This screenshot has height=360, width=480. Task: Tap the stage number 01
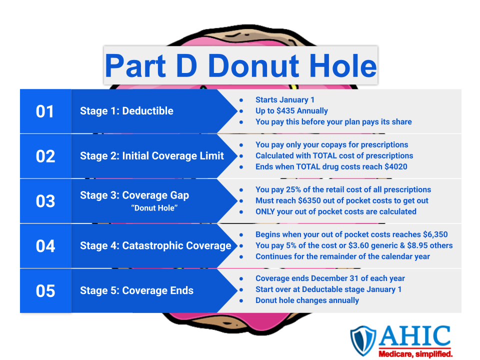pyautogui.click(x=45, y=111)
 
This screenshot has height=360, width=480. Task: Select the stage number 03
pyautogui.click(x=45, y=201)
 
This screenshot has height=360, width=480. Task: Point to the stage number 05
pyautogui.click(x=45, y=291)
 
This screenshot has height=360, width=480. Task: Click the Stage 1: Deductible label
pyautogui.click(x=126, y=111)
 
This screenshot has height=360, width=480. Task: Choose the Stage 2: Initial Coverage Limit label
pyautogui.click(x=152, y=156)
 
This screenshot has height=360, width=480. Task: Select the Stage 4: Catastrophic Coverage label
pyautogui.click(x=155, y=245)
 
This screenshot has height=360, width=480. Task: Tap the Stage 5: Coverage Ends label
pyautogui.click(x=136, y=290)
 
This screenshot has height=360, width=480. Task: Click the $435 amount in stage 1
pyautogui.click(x=287, y=110)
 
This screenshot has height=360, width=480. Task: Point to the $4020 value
pyautogui.click(x=395, y=166)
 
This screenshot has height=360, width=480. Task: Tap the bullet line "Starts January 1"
pyautogui.click(x=285, y=100)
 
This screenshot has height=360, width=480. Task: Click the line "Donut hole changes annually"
pyautogui.click(x=307, y=300)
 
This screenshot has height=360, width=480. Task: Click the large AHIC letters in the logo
pyautogui.click(x=415, y=336)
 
